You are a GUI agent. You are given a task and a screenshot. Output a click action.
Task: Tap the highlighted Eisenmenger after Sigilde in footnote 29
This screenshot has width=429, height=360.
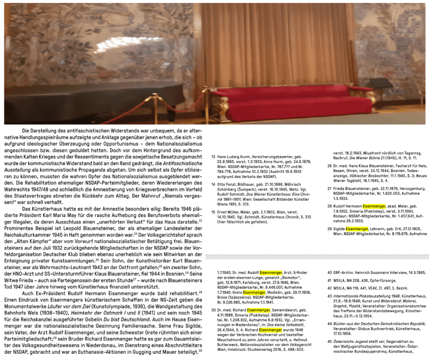pos(357,229)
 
